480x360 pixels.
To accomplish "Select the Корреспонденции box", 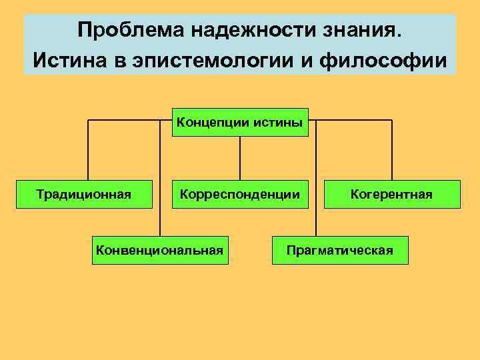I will (x=240, y=194).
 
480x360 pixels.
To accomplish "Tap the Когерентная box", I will (x=392, y=194).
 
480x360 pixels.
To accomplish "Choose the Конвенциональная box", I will (x=160, y=250).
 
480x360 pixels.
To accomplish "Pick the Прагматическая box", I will (x=340, y=250).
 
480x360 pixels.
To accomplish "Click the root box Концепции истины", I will (x=240, y=122).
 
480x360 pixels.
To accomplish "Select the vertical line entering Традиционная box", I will (x=88, y=150).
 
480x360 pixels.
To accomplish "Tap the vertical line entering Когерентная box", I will (x=392, y=150).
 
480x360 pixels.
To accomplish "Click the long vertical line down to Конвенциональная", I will (x=160, y=180).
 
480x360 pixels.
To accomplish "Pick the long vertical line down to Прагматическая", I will (x=316, y=180).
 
